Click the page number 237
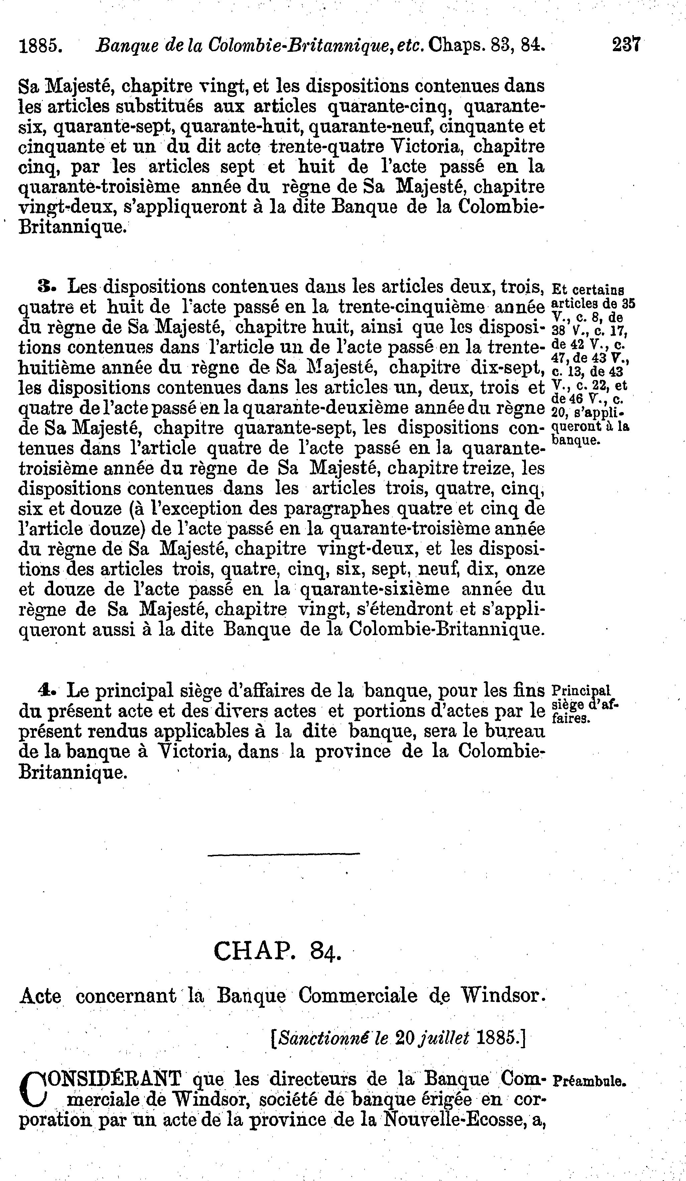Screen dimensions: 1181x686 click(626, 45)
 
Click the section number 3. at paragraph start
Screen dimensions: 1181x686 click(48, 285)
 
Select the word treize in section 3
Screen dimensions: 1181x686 click(494, 469)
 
